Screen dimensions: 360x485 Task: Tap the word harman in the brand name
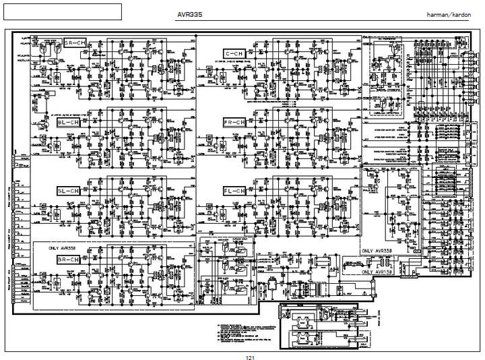click(439, 13)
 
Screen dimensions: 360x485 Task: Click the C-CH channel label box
click(235, 53)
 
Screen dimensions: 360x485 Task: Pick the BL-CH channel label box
click(68, 123)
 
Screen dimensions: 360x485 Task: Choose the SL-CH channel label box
click(68, 191)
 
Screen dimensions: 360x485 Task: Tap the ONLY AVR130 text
click(379, 272)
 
